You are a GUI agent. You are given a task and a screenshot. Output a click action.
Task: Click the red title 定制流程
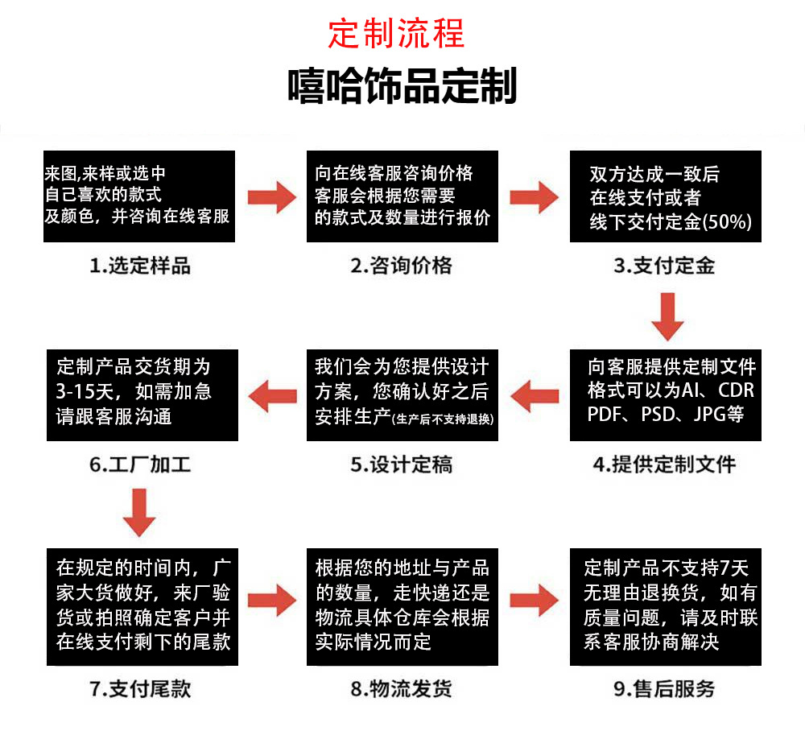coord(396,34)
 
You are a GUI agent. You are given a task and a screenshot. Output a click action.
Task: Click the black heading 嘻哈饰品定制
coord(402,86)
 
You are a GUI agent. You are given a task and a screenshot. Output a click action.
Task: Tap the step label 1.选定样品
coord(140,266)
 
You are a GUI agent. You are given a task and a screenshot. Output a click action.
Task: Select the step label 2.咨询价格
coord(402,266)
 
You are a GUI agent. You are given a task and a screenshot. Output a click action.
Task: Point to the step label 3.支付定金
coord(664,266)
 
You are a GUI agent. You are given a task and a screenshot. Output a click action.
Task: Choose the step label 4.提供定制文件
coord(664,465)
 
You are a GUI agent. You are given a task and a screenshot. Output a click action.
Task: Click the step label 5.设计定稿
coord(402,465)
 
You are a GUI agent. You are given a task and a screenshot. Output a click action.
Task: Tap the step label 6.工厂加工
coord(140,465)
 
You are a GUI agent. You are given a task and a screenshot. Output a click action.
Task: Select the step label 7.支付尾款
coord(140,689)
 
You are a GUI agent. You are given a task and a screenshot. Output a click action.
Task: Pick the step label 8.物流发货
coord(402,689)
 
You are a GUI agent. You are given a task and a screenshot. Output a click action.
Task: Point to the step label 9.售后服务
coord(664,689)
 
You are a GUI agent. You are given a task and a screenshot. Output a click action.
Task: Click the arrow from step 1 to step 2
coord(271,196)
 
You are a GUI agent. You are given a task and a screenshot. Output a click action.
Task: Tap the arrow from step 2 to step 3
coord(535,196)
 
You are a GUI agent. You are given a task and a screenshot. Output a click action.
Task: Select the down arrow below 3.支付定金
coord(667,317)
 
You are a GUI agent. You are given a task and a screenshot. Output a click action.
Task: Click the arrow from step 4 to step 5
coord(535,395)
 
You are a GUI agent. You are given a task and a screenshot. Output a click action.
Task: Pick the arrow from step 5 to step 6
coord(272,395)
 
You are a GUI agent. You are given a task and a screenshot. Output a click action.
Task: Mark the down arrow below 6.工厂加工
coord(141,513)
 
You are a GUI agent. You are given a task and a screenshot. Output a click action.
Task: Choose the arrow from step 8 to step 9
coord(535,597)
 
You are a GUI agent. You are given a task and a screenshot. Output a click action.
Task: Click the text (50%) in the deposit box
coord(727,222)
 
